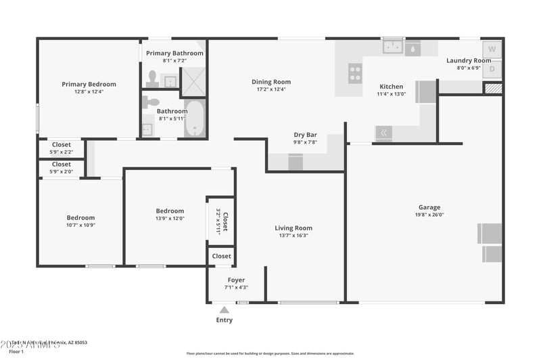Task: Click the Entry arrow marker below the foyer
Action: pos(224,310)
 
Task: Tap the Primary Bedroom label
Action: pos(89,85)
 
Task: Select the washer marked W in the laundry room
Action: pos(492,49)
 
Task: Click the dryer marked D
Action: pos(492,68)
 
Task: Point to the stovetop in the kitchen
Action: pos(355,72)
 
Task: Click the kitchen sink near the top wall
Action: pos(392,47)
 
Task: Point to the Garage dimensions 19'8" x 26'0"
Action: pos(429,215)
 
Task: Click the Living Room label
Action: pos(293,228)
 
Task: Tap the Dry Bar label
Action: pos(305,135)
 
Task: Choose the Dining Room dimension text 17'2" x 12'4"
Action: pos(271,89)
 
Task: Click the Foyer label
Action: pos(236,280)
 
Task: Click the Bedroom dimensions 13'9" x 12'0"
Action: pos(170,218)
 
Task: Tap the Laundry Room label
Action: pos(469,60)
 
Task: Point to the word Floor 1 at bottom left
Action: pos(16,352)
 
